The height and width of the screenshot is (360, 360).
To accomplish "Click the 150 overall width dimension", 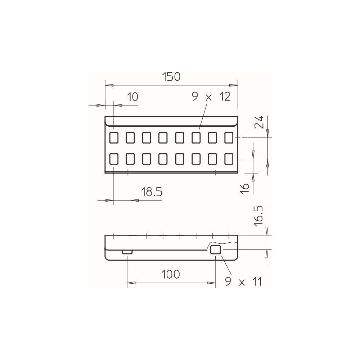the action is coord(171,77).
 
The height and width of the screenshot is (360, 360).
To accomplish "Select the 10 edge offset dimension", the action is coord(132,97).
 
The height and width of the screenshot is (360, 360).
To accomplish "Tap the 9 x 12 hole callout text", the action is coord(211,97).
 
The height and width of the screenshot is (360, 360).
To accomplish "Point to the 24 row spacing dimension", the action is coord(259,122).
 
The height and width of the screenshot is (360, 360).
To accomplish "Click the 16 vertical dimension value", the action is coord(245,189).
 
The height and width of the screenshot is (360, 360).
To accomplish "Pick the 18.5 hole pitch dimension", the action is coord(151,192).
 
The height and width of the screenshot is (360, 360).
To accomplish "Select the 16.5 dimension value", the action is coord(258,216).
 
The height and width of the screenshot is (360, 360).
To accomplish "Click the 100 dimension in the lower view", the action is coord(171,274).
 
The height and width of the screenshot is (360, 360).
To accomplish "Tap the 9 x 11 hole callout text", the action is coord(243,282).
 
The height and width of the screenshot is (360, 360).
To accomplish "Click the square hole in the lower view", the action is coord(216,249).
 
